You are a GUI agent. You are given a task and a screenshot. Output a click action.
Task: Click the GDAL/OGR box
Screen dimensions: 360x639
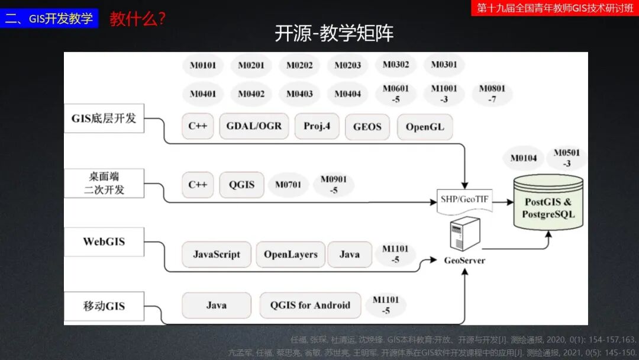[x=254, y=126]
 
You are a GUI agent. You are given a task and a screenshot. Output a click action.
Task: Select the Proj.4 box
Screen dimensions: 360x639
[x=317, y=126]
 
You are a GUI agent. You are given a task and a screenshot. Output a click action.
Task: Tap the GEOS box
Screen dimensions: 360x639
[x=367, y=127]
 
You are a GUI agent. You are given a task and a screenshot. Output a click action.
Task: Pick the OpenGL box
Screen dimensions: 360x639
[x=425, y=127]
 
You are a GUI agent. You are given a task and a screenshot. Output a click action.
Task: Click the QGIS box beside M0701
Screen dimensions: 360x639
[x=241, y=184]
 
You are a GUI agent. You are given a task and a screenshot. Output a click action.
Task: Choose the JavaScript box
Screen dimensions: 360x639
[x=217, y=255]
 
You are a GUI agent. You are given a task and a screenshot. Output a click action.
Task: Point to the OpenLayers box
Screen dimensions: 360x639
[x=291, y=255]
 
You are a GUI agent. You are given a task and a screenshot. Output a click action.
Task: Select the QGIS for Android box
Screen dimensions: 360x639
[x=310, y=306]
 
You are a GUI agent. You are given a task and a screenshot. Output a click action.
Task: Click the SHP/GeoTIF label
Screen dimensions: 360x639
[x=464, y=200]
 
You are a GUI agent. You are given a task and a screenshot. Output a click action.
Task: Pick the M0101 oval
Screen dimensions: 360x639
[x=203, y=65]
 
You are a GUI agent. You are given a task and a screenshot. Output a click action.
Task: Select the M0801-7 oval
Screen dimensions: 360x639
[x=492, y=94]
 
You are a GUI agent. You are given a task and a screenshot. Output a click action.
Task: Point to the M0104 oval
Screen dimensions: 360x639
[x=524, y=157]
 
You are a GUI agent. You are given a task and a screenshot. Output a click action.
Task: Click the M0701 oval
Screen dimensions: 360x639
[x=288, y=185]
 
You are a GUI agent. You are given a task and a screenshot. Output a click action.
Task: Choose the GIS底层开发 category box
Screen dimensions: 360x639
[x=104, y=118]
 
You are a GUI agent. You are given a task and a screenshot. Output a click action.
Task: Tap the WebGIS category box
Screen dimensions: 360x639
[x=104, y=242]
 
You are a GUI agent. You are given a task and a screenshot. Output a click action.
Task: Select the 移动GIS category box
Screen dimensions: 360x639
[x=104, y=306]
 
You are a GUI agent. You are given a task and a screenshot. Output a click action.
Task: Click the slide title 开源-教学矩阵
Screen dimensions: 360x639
[x=334, y=34]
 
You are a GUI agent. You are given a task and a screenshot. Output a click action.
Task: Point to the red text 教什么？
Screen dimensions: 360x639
[x=137, y=18]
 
